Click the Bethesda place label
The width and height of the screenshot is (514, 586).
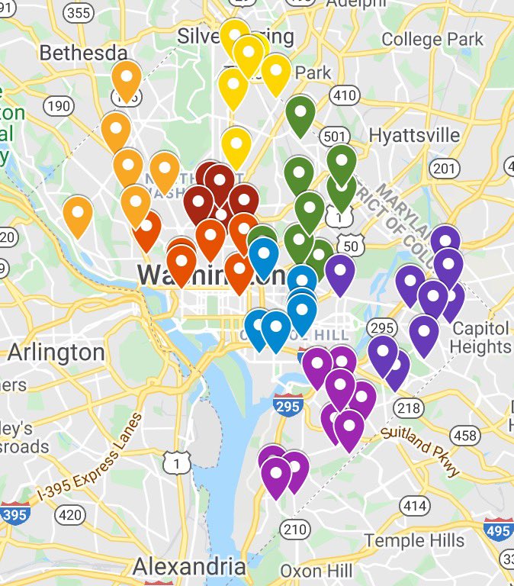coord(83,53)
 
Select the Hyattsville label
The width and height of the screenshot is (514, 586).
coord(414,135)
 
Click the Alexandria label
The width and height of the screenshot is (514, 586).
coord(188,567)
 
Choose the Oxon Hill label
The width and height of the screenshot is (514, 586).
coord(316,571)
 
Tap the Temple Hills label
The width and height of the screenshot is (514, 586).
coord(414,541)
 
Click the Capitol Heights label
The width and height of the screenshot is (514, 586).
coord(481,337)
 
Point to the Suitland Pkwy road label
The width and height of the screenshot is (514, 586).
coord(421,449)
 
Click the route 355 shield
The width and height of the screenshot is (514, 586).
coord(79,12)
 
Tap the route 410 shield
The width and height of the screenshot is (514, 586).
coord(345,95)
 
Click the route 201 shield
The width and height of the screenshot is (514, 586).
coord(446,169)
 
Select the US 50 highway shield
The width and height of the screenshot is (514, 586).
coord(350,246)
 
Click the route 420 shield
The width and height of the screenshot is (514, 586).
coord(70,515)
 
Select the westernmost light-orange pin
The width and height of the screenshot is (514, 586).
coord(77,214)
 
